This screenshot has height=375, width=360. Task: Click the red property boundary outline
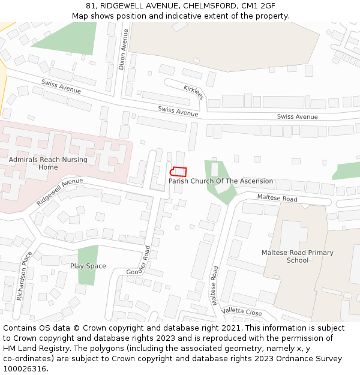179,172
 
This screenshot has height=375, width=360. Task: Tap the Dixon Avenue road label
122,49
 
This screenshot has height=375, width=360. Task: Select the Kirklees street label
194,92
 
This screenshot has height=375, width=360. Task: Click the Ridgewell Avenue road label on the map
59,191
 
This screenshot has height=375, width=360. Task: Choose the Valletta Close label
242,312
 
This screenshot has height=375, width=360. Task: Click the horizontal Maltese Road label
277,198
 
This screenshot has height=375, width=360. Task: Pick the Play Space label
88,266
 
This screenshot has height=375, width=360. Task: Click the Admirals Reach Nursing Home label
48,163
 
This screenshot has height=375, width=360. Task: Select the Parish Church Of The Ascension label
220,181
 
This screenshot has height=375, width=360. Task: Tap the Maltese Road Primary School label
297,257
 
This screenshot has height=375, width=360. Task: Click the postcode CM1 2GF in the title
258,6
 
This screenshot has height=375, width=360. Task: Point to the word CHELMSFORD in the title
209,6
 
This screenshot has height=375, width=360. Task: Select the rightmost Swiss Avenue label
298,117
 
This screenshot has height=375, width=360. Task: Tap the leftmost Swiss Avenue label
61,86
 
